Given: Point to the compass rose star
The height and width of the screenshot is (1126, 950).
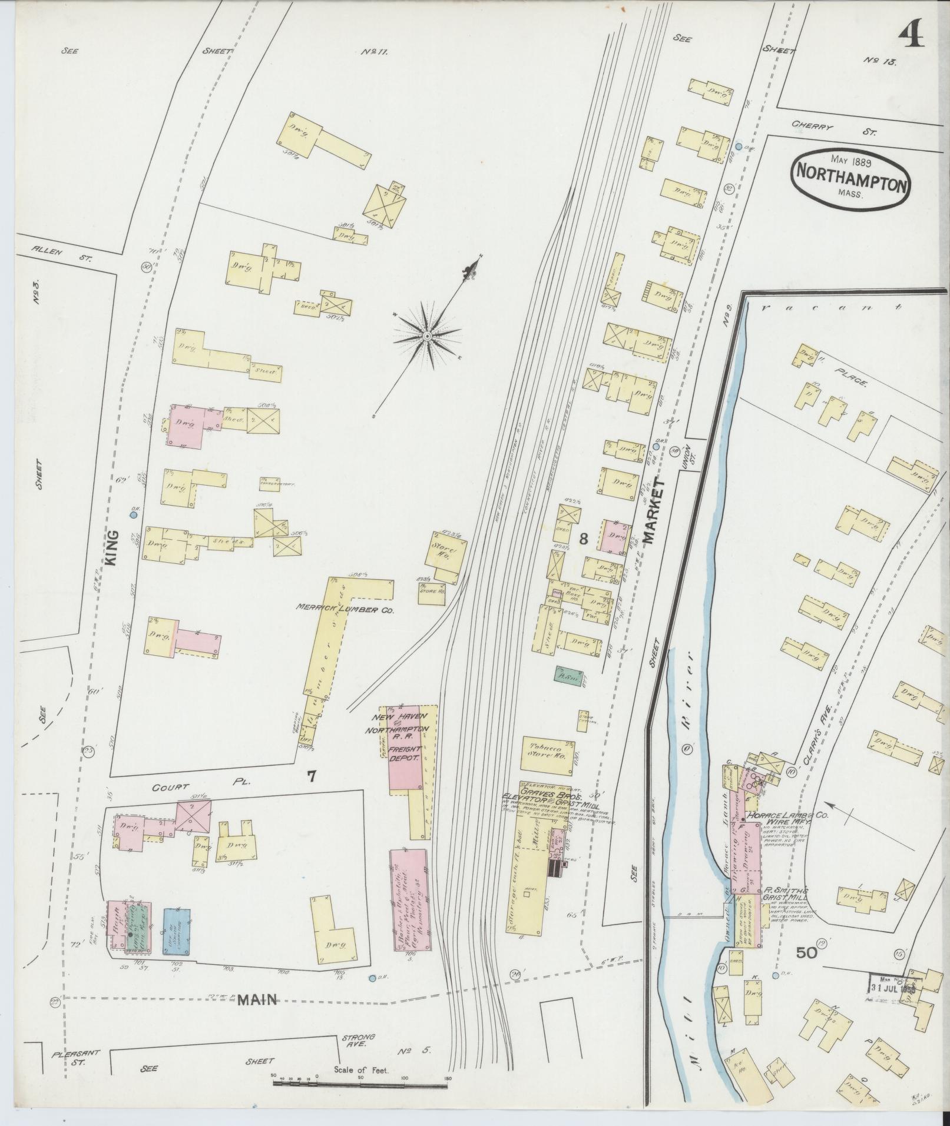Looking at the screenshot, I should [426, 336].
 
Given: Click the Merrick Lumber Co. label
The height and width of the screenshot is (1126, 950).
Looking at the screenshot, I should [346, 610].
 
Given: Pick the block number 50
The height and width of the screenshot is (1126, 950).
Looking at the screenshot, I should [806, 952].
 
